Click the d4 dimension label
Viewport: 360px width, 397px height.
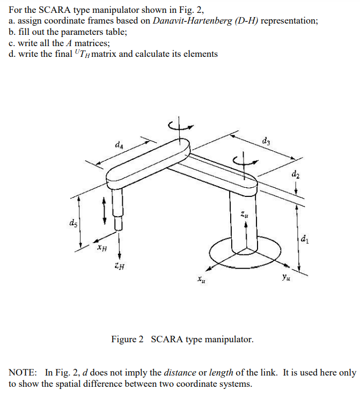(119, 145)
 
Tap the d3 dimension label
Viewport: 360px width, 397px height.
(267, 142)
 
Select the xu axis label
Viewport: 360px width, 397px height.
(200, 279)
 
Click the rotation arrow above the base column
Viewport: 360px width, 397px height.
(244, 160)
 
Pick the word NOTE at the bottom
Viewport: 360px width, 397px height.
(23, 372)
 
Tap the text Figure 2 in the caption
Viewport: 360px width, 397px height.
(128, 340)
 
